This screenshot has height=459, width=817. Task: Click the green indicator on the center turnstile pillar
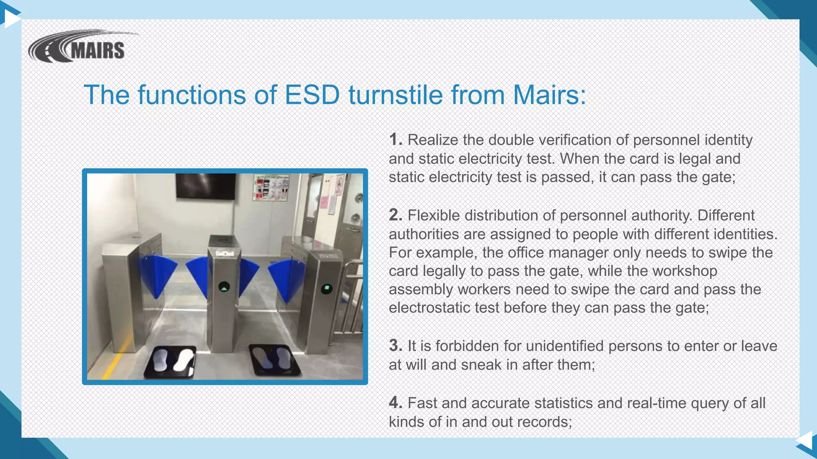tap(224, 287)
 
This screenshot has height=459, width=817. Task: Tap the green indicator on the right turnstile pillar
tap(327, 288)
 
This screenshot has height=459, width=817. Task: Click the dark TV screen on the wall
tap(205, 186)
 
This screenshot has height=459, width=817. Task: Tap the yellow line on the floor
tap(113, 363)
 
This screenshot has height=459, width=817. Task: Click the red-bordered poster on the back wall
tap(271, 187)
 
